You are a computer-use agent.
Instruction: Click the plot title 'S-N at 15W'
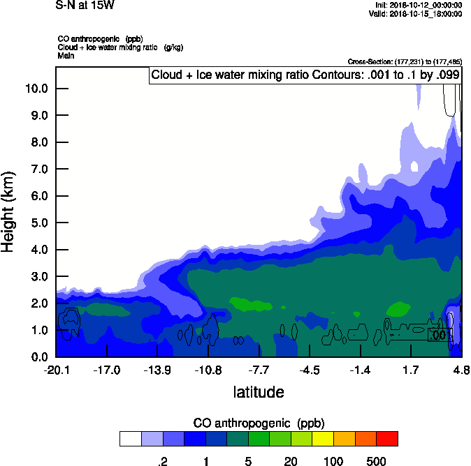pos(85,5)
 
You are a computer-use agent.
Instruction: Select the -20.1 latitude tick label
pos(55,370)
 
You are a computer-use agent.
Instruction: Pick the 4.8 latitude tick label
pos(461,370)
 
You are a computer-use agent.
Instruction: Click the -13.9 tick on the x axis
pos(157,370)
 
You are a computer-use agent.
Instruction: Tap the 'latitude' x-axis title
pos(259,392)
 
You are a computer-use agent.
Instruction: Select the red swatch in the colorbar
pos(386,438)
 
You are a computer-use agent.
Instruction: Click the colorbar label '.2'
pos(163,461)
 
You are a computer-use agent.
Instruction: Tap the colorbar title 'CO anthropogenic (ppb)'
pos(259,423)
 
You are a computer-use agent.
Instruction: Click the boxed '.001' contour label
pos(440,336)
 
